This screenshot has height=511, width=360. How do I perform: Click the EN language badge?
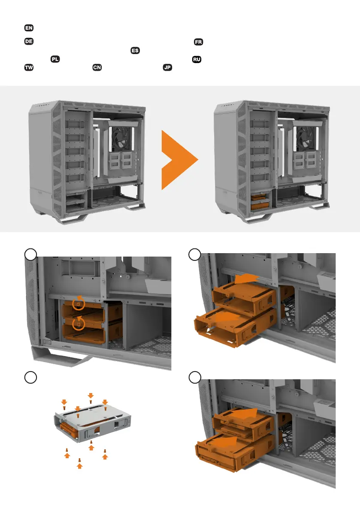(29, 28)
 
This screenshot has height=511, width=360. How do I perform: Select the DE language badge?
(29, 41)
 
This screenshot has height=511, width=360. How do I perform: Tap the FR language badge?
(198, 42)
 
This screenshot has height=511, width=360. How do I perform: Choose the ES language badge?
(135, 51)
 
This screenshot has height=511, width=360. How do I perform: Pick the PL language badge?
(55, 59)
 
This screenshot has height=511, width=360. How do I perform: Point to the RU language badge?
(197, 60)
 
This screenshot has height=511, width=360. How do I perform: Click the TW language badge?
(29, 68)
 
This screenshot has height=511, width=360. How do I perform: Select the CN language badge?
(97, 67)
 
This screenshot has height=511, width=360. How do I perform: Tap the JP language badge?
(167, 67)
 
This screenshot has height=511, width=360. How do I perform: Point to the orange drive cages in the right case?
(260, 202)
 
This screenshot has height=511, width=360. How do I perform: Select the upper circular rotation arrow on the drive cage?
(79, 303)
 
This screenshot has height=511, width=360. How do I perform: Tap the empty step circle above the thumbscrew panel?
(30, 254)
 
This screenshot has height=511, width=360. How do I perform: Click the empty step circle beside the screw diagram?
(30, 378)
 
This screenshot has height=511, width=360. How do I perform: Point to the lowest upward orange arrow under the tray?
(80, 464)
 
